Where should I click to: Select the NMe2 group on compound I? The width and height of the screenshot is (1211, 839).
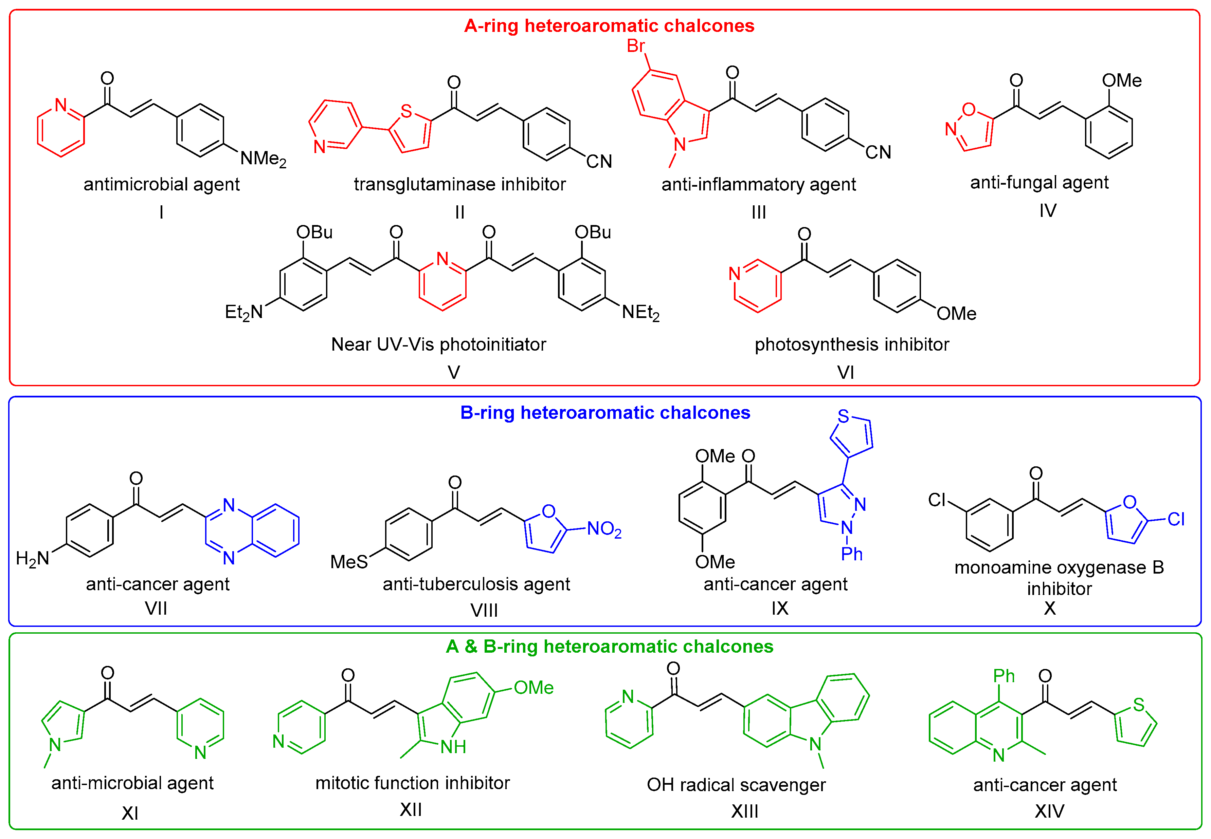(x=263, y=158)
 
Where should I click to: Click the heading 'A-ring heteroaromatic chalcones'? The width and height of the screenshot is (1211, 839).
(x=609, y=26)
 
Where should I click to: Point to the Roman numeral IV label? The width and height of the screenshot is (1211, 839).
(x=1047, y=211)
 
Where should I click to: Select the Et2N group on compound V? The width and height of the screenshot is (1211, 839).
(x=243, y=312)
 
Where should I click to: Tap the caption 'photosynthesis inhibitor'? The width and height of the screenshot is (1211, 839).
(x=851, y=344)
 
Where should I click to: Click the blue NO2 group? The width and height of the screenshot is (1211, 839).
(x=604, y=529)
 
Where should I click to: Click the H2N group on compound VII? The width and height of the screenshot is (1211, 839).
(x=33, y=558)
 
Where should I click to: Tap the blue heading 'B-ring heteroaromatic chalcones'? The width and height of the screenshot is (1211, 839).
(x=605, y=413)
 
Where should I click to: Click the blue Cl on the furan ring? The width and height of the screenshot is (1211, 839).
(x=1176, y=519)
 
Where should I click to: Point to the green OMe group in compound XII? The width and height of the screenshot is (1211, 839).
(x=533, y=688)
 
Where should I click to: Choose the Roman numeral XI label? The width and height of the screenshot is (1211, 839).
(x=130, y=813)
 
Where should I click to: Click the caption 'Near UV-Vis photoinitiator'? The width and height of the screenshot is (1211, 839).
(x=438, y=344)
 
